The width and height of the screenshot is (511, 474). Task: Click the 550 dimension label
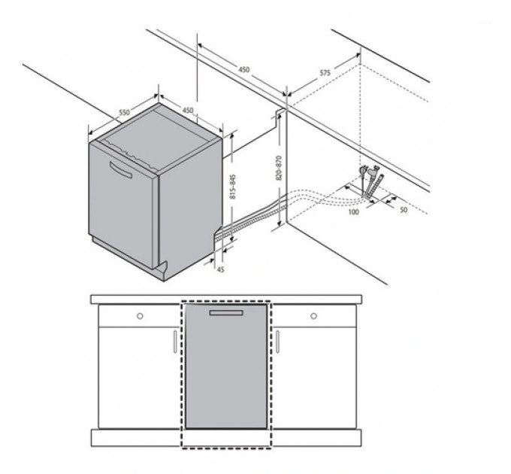tap(124, 113)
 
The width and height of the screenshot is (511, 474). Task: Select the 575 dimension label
tap(325, 73)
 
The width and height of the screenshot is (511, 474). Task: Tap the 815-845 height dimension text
tap(233, 187)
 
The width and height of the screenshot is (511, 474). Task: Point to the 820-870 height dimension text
tap(279, 168)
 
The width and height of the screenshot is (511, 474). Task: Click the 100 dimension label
tap(354, 212)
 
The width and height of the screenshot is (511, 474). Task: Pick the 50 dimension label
tap(404, 210)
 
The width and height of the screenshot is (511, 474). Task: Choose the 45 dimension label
tap(221, 269)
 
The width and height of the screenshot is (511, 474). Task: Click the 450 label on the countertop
tap(243, 69)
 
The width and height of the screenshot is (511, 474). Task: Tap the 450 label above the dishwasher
tap(188, 111)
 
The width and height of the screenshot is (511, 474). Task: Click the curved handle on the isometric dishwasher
tap(121, 169)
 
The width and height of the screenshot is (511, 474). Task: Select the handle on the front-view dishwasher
tap(226, 313)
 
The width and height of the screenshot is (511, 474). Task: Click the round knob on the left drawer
tap(140, 316)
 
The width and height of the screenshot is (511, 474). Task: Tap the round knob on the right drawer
tap(314, 316)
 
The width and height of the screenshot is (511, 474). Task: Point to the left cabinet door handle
tap(175, 342)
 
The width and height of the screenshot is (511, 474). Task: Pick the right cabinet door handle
tap(277, 342)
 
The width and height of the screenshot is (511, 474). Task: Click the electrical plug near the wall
tap(364, 171)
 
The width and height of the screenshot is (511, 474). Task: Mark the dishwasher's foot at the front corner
tap(162, 270)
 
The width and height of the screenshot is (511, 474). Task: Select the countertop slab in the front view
tap(226, 299)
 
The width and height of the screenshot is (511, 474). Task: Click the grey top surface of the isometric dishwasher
tap(156, 138)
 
